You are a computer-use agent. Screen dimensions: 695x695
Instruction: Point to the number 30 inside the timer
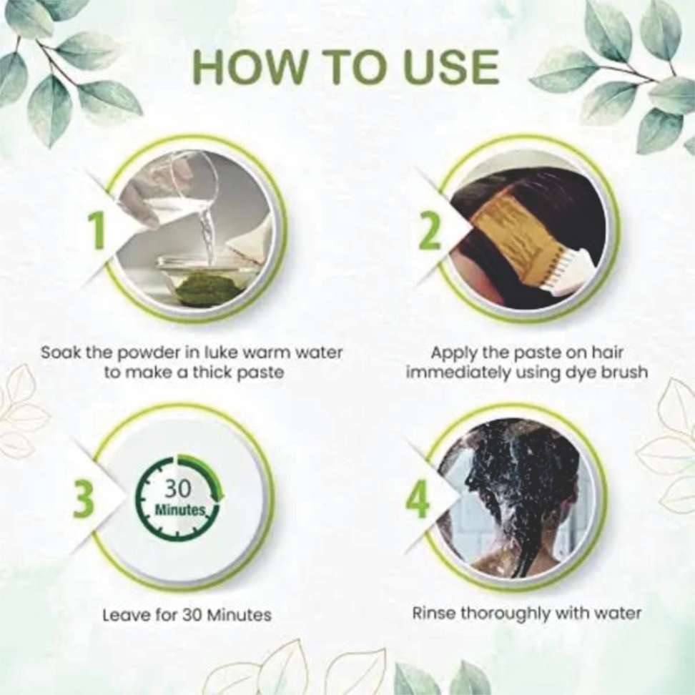177,488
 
